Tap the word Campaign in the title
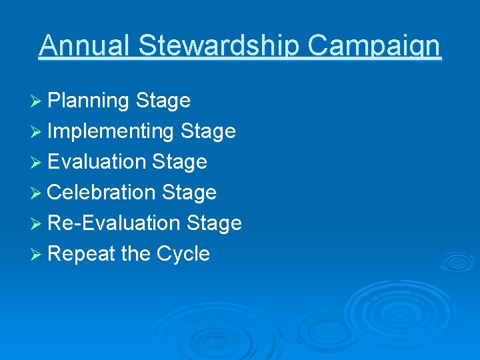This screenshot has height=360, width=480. click(x=378, y=46)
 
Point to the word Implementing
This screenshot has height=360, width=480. click(x=111, y=131)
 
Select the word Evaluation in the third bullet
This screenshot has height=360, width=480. click(x=97, y=162)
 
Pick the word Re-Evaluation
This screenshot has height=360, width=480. click(x=114, y=223)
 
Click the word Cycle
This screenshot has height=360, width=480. click(x=183, y=254)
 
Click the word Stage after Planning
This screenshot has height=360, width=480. click(x=163, y=101)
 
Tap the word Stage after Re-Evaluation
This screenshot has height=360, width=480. click(x=214, y=223)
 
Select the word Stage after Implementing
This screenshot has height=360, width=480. click(x=208, y=131)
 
